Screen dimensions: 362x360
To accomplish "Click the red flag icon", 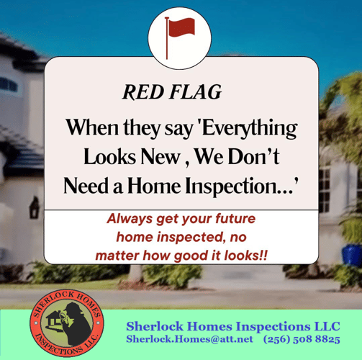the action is point(180,37).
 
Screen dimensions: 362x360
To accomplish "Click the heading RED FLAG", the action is point(172,92).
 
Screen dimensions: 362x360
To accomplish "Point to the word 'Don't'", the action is point(254,157).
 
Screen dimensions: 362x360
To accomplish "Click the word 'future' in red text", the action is point(235,218).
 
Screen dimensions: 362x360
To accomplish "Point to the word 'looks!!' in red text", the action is point(245,256).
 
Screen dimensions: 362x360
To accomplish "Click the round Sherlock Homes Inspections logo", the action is point(67,323).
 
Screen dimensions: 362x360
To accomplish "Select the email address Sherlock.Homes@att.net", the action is point(189,339).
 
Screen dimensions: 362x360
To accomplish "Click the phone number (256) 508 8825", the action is point(302,339).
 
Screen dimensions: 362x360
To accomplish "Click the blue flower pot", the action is point(352,254).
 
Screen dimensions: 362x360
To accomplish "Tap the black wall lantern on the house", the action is point(34,208).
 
